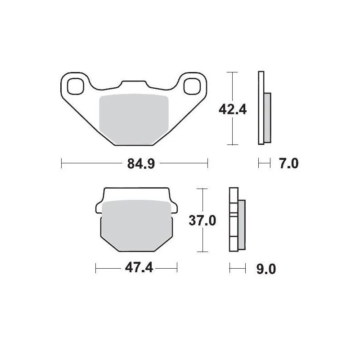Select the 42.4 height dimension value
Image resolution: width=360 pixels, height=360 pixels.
[232, 108]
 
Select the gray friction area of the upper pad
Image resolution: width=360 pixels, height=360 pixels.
[133, 119]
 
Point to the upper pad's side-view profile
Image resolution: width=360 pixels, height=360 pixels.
[261, 108]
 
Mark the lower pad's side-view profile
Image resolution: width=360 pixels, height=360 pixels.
[233, 220]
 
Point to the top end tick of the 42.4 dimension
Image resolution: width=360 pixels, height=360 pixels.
[231, 72]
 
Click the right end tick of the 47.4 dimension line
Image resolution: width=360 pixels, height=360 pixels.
[177, 269]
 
